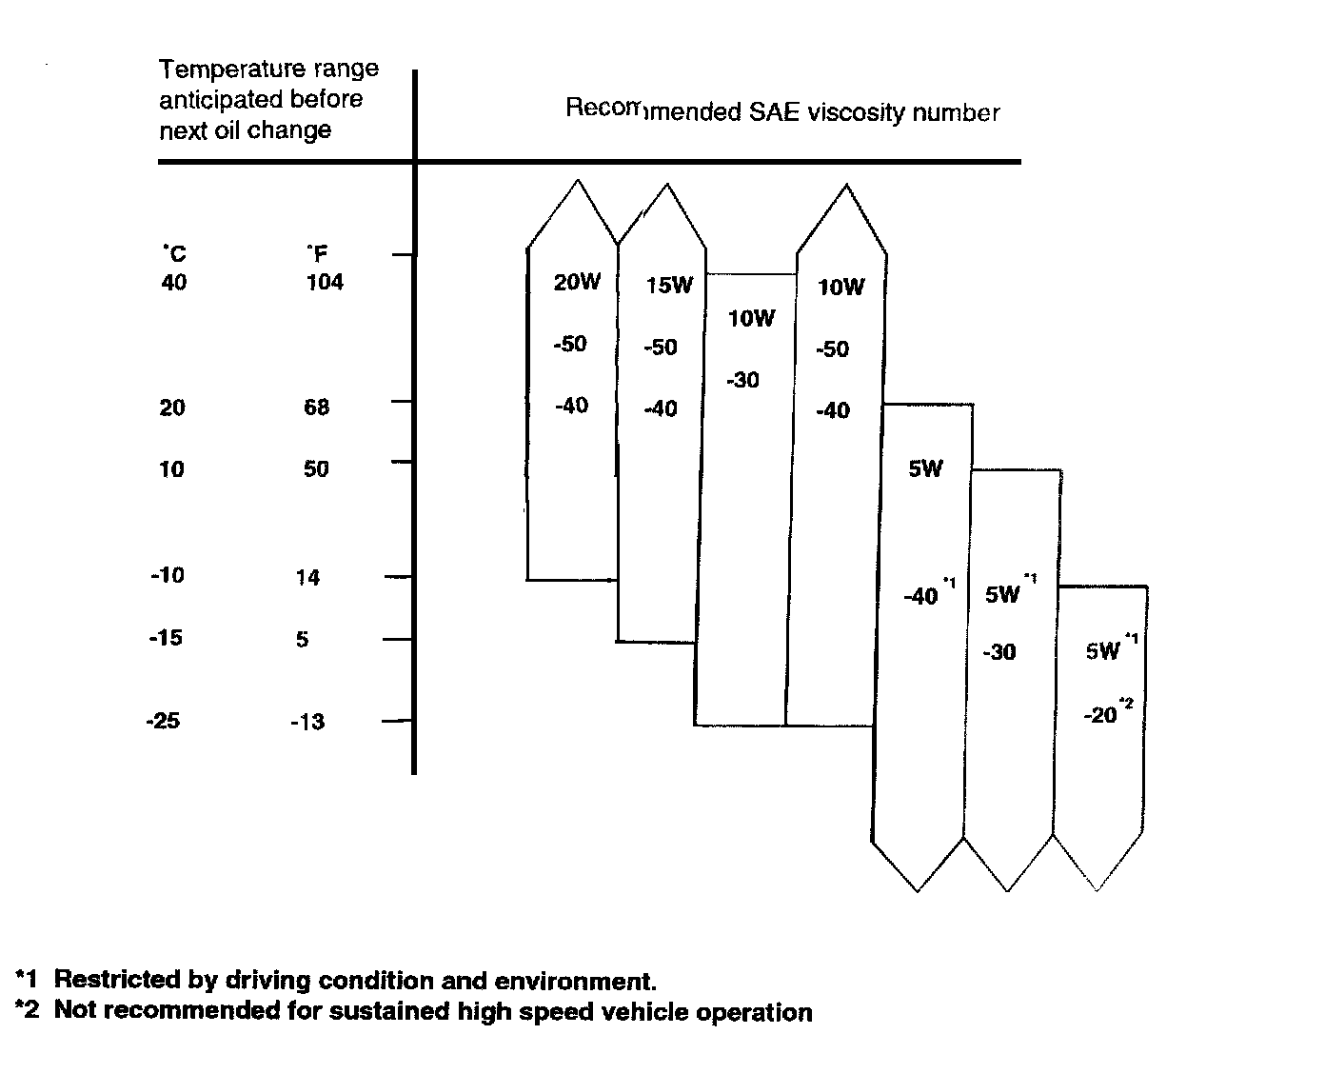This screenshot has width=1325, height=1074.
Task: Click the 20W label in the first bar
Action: (x=577, y=282)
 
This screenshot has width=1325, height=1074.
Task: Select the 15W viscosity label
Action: (x=669, y=285)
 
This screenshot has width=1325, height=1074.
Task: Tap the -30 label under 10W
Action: (x=742, y=381)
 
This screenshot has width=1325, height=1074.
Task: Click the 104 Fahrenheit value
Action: (x=325, y=283)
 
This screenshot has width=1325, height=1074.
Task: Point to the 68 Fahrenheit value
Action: (x=316, y=408)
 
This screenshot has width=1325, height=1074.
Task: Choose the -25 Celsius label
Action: (x=163, y=721)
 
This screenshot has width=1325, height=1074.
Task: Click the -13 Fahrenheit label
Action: (x=307, y=722)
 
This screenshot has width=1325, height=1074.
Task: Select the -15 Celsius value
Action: (x=166, y=638)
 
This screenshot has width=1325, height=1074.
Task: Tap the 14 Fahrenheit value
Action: (x=307, y=577)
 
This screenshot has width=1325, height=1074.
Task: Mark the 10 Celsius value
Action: (x=171, y=468)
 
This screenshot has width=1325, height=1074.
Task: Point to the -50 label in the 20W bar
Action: (x=570, y=344)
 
